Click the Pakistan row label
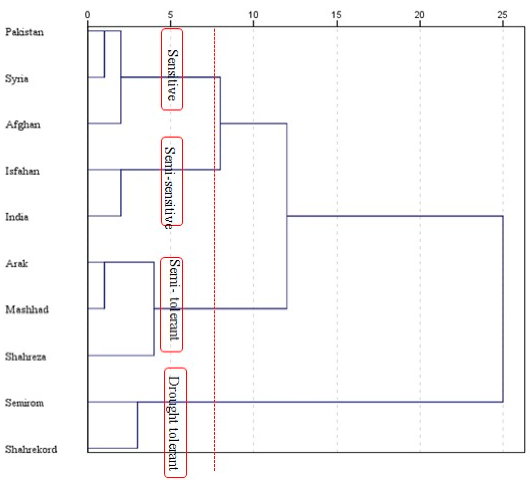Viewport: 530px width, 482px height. (24, 32)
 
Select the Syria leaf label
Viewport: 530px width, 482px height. (17, 78)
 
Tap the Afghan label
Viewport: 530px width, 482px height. (23, 125)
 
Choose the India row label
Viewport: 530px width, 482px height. (17, 217)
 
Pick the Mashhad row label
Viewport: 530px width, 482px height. (27, 310)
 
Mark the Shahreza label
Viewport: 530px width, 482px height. (26, 356)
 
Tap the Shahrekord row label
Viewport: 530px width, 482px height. (31, 449)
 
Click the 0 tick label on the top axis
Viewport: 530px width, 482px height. (87, 14)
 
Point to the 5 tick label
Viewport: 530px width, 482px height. (171, 14)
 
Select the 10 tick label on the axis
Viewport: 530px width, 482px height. (254, 14)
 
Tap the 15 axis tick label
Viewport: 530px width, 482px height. (336, 14)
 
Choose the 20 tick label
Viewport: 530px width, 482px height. (420, 14)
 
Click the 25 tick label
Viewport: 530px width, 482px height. (503, 14)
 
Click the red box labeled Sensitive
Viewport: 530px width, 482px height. (172, 69)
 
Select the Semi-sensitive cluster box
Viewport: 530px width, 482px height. (172, 181)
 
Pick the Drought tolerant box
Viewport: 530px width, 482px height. (175, 422)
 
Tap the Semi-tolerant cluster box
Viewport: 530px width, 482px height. (171, 305)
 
